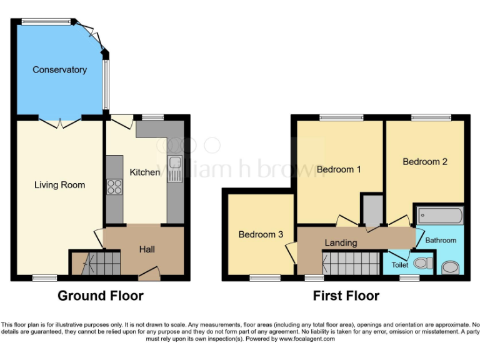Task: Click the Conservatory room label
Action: (x=59, y=69)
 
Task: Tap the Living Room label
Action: (x=59, y=184)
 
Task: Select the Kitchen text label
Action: (x=144, y=172)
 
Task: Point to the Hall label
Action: (x=147, y=249)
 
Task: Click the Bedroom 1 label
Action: (x=339, y=169)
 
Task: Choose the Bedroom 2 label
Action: (x=425, y=161)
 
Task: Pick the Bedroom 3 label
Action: (x=261, y=234)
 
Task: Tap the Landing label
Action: (x=341, y=242)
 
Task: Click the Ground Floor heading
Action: (x=101, y=296)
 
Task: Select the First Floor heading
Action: (x=346, y=296)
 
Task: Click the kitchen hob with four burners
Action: (x=115, y=186)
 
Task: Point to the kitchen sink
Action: (x=174, y=167)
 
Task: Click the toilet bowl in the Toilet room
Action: (x=423, y=264)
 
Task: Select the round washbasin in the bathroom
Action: (x=449, y=267)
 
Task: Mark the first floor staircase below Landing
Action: (x=351, y=262)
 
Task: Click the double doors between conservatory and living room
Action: (x=60, y=121)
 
